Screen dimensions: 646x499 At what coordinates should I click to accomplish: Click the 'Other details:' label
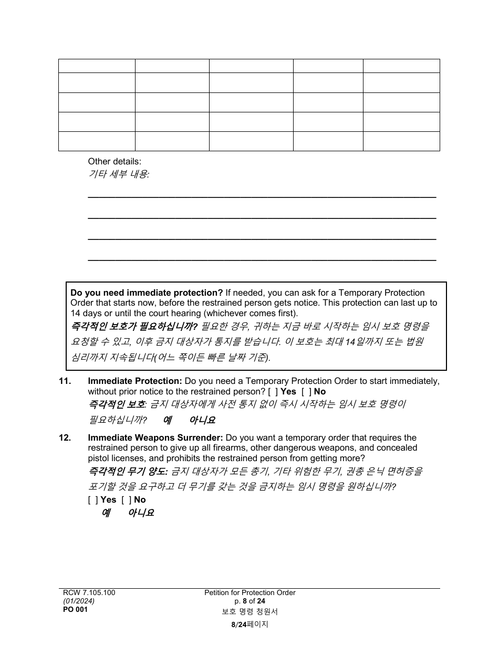[x=115, y=162]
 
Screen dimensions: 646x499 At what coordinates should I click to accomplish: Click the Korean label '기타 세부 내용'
[x=118, y=174]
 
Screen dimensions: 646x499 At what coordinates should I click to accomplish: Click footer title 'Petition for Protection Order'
[x=250, y=592]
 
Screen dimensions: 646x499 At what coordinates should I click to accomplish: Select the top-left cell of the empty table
[x=97, y=66]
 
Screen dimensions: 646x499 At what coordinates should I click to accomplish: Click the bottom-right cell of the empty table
[x=401, y=141]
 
